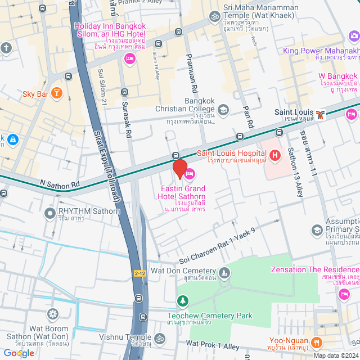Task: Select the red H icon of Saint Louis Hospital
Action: click(275, 155)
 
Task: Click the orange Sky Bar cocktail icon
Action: click(56, 93)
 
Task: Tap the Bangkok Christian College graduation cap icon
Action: click(223, 109)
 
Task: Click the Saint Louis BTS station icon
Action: click(320, 115)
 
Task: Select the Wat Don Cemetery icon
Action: click(224, 274)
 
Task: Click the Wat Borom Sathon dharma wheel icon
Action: click(53, 313)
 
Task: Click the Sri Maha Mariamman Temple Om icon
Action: click(214, 17)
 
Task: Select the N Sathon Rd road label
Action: click(60, 183)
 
